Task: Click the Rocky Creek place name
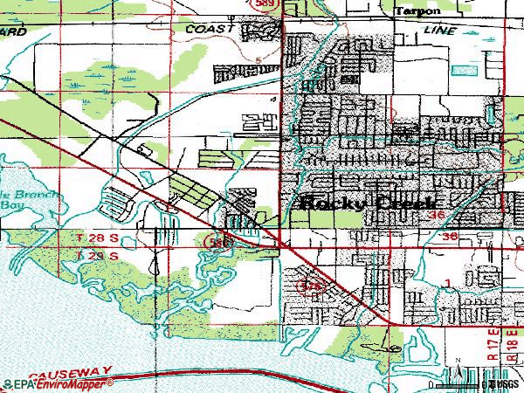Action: tap(368, 203)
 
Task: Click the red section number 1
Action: tap(447, 281)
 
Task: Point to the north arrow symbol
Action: tap(456, 373)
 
